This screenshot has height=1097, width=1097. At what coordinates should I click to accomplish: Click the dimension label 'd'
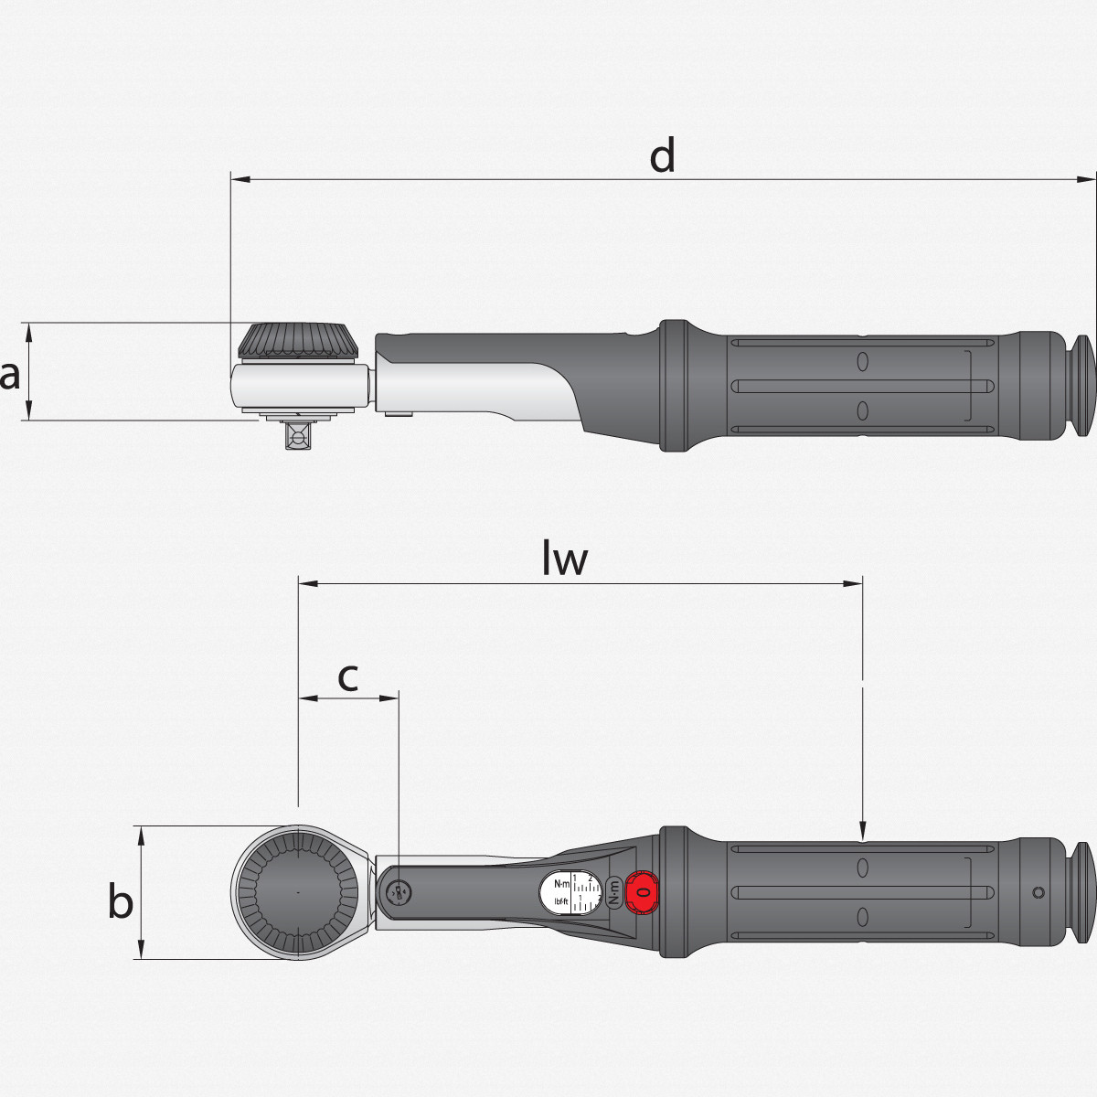tap(662, 156)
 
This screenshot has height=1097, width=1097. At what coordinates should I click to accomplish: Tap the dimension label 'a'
tap(10, 375)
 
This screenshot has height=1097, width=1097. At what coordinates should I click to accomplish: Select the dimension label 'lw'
tap(564, 559)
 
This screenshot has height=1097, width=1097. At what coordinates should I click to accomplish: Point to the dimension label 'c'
tap(347, 677)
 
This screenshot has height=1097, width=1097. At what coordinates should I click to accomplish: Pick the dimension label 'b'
tap(121, 901)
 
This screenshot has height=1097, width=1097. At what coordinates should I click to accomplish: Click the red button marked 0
tap(643, 891)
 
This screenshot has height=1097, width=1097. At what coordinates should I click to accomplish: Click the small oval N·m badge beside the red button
tap(614, 891)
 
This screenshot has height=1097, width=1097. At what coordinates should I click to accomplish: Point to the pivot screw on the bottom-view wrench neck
tap(398, 892)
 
